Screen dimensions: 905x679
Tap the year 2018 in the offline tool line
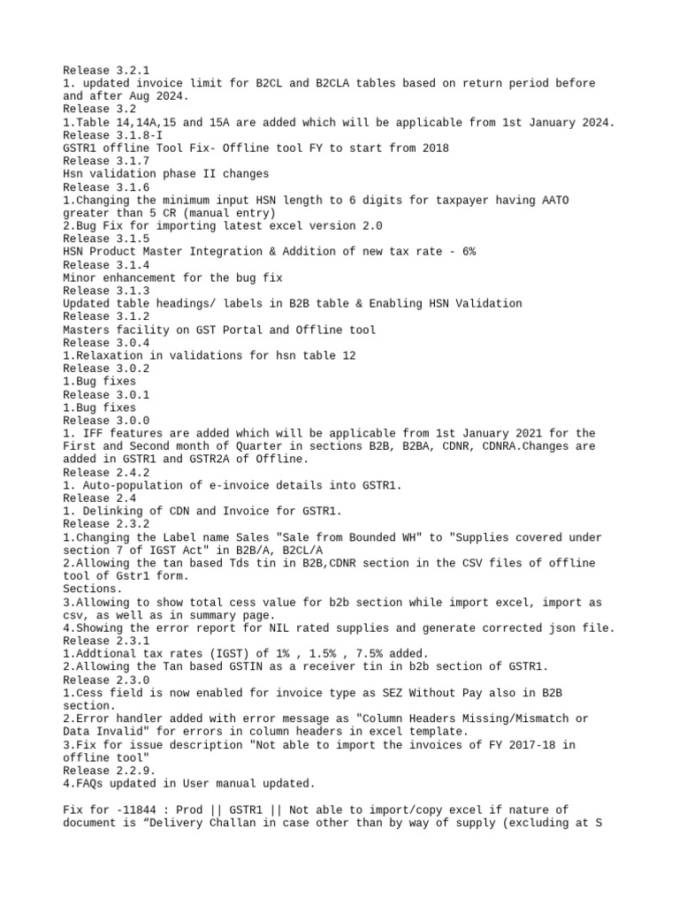point(434,148)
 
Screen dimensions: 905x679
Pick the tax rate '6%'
point(465,252)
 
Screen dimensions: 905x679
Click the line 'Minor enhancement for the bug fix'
point(172,278)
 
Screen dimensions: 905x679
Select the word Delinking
point(107,512)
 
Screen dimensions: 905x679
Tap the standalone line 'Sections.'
point(93,589)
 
